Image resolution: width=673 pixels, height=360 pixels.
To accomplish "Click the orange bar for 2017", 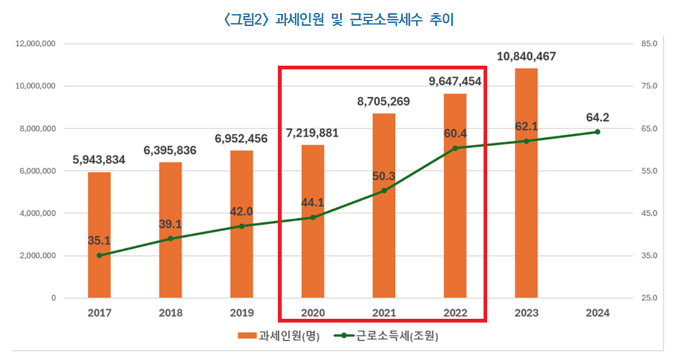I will coord(99,234).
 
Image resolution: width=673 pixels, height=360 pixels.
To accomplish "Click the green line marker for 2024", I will coord(597,132).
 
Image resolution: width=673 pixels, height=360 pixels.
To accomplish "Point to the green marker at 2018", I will coord(170,239).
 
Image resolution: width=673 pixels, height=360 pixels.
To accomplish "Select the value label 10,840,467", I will coord(526,56).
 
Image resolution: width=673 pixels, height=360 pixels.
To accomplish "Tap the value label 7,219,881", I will coord(312,132).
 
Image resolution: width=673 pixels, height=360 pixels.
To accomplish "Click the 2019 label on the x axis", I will coord(242,313).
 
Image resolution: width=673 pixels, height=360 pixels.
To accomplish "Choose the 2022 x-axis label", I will coord(455,313).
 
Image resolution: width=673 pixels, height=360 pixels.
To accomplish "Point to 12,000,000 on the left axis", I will coord(35,44).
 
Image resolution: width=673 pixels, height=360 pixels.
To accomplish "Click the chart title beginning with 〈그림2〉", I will coord(336,20).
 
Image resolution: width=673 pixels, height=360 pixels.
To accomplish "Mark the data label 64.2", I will coord(597,117).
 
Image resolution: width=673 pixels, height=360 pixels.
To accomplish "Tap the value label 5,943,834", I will coord(99,160).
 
